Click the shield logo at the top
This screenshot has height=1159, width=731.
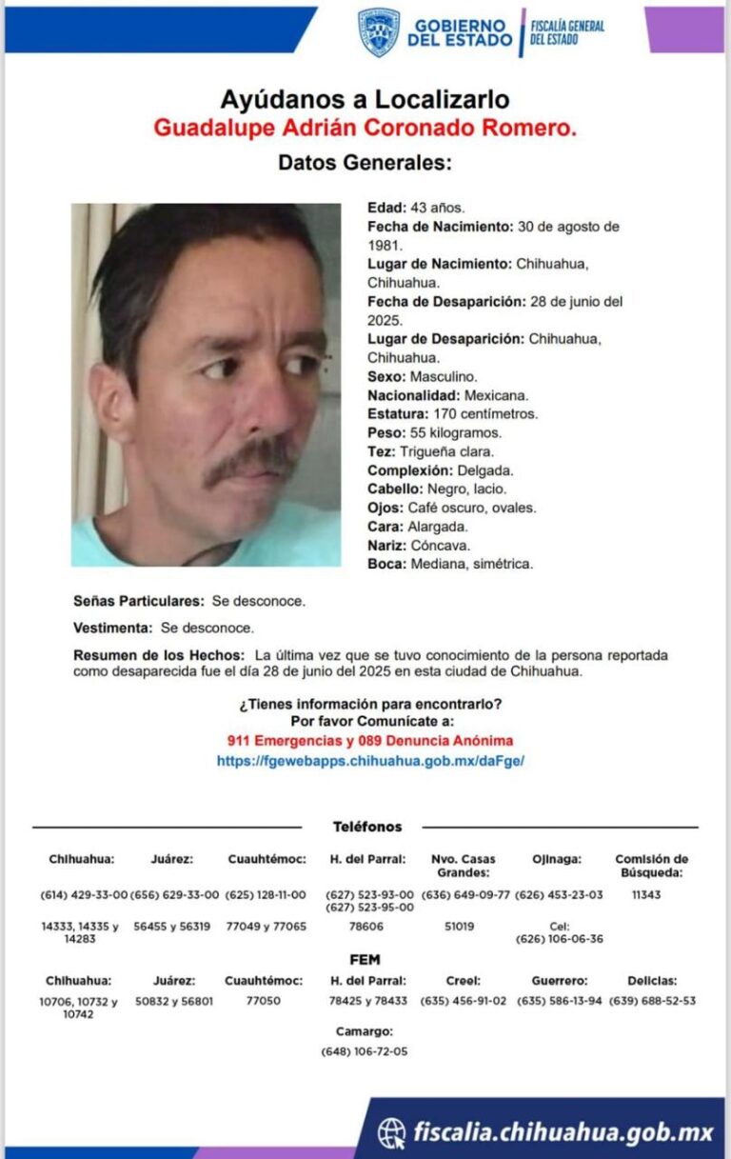click(x=378, y=32)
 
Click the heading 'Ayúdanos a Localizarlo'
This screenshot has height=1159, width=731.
click(x=365, y=98)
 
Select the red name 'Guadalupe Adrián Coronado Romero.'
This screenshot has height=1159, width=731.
click(x=365, y=128)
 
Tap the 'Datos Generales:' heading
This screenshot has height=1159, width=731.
click(x=365, y=163)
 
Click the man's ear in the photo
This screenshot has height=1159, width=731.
click(x=116, y=400)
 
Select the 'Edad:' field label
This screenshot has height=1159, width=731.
click(x=387, y=208)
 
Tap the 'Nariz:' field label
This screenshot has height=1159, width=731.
click(x=387, y=545)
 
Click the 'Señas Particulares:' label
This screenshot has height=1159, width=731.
click(x=139, y=602)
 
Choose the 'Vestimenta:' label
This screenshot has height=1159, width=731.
click(x=113, y=629)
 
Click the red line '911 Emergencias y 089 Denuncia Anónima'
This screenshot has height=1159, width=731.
click(x=370, y=740)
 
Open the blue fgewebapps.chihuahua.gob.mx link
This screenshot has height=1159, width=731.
click(x=370, y=761)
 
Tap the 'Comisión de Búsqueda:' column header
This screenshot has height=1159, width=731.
click(x=651, y=865)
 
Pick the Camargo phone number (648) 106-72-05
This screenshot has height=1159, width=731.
click(x=365, y=1051)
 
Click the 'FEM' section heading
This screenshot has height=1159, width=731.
click(x=365, y=960)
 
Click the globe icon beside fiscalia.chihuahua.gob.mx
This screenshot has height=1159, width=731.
click(x=391, y=1131)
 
